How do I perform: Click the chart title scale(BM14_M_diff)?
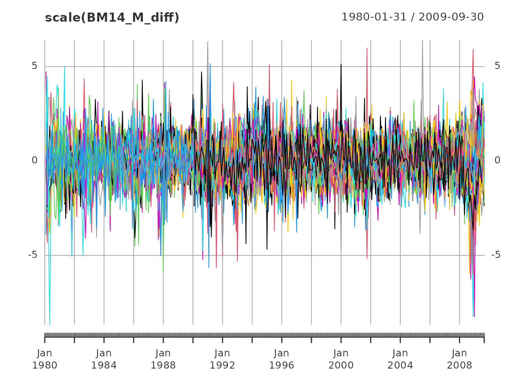112,18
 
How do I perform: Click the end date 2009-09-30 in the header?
451,17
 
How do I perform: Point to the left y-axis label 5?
35,66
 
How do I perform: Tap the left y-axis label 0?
35,160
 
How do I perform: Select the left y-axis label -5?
33,255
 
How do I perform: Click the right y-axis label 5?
498,66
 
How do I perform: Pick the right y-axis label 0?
498,160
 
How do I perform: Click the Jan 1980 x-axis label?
45,359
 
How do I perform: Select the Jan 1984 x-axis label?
104,359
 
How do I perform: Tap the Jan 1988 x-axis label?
163,359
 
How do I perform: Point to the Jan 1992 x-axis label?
222,359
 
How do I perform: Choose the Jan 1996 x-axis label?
282,359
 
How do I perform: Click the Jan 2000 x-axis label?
341,359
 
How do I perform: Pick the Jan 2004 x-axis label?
400,359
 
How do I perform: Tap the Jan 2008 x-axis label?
459,359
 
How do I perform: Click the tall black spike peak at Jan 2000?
341,64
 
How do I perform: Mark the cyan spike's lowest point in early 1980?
50,324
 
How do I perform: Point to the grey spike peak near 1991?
208,42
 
